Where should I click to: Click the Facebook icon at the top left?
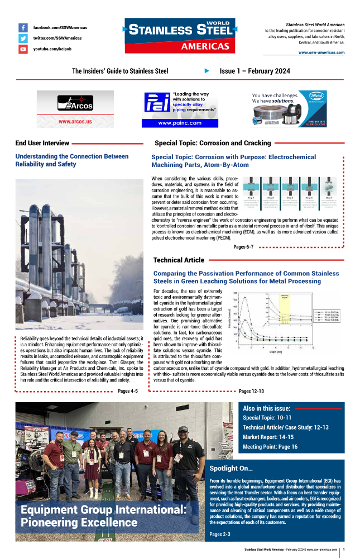(23, 27)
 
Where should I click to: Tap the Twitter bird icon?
(23, 38)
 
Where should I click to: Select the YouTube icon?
(23, 49)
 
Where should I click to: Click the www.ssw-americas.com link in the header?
(321, 53)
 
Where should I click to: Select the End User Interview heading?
(42, 143)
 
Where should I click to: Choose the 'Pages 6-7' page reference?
(243, 246)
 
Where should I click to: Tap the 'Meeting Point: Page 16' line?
(270, 447)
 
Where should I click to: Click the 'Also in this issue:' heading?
(266, 408)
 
